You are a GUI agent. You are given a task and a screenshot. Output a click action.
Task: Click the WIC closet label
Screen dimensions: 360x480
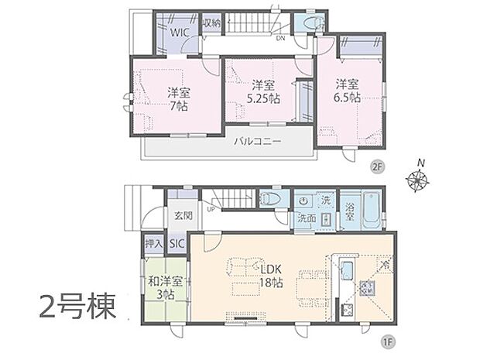tap(180, 33)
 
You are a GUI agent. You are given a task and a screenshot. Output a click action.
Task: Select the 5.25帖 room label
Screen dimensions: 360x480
tap(263, 93)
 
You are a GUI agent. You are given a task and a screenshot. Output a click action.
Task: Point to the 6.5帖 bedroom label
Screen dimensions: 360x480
tap(348, 91)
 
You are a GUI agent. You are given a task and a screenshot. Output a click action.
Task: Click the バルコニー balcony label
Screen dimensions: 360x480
tap(258, 142)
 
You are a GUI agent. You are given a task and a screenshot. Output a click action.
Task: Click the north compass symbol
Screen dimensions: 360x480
tap(419, 180)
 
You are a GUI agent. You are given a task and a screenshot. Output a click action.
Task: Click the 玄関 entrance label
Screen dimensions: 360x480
tap(183, 214)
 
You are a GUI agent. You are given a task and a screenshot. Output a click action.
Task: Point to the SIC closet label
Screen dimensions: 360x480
tap(177, 244)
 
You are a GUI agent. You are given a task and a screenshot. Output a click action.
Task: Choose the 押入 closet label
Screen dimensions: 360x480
tap(153, 244)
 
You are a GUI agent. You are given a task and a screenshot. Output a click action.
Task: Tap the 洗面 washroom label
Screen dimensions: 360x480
tap(307, 218)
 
